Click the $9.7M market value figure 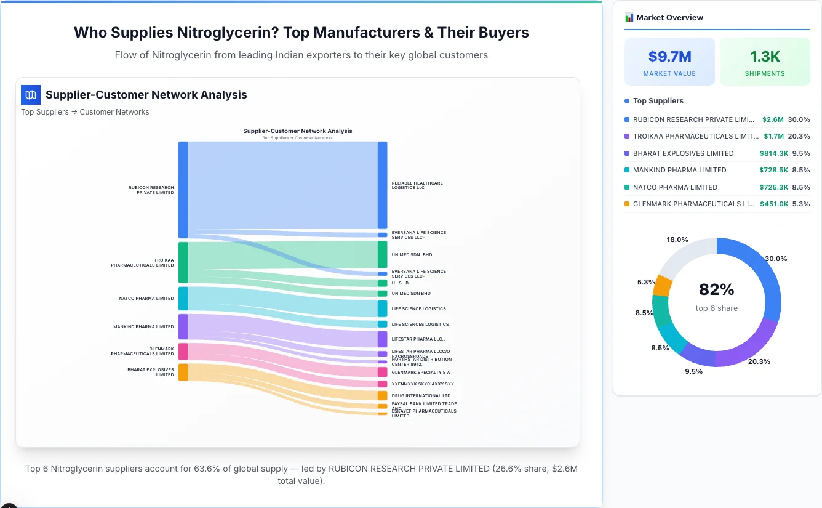pyautogui.click(x=669, y=57)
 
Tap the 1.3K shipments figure pyautogui.click(x=765, y=57)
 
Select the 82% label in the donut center pyautogui.click(x=716, y=289)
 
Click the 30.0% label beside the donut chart pyautogui.click(x=775, y=259)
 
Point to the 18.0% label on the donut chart pyautogui.click(x=677, y=240)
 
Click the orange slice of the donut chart pyautogui.click(x=663, y=285)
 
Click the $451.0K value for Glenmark pyautogui.click(x=774, y=204)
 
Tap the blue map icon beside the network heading pyautogui.click(x=31, y=95)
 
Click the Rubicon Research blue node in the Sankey pyautogui.click(x=183, y=190)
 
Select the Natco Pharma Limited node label pyautogui.click(x=146, y=299)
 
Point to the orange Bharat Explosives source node pyautogui.click(x=183, y=372)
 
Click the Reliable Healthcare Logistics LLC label pyautogui.click(x=417, y=185)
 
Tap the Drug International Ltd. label pyautogui.click(x=421, y=396)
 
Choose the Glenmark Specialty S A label pyautogui.click(x=420, y=373)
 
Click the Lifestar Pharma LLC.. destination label pyautogui.click(x=418, y=339)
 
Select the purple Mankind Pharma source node pyautogui.click(x=183, y=326)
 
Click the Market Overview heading pyautogui.click(x=669, y=18)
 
